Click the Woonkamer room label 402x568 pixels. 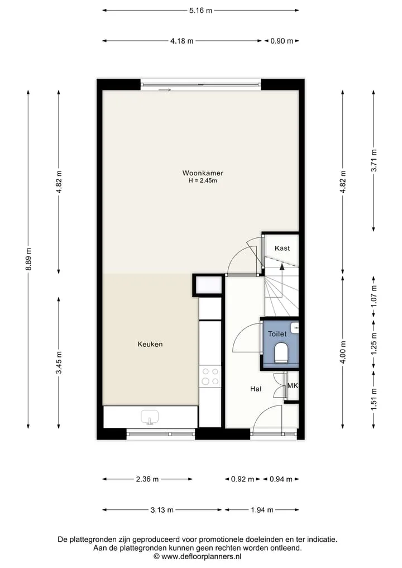click(x=203, y=173)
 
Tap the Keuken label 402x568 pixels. click(x=150, y=344)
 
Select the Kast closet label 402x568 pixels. click(x=282, y=248)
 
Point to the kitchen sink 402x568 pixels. click(x=150, y=417)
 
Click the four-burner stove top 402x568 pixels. click(x=210, y=376)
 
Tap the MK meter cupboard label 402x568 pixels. click(x=293, y=385)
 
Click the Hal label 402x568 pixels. click(x=256, y=389)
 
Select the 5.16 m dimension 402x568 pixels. click(x=200, y=11)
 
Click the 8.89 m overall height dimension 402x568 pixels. click(x=28, y=259)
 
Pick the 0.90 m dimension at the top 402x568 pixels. click(x=282, y=41)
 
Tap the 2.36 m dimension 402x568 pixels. click(x=147, y=479)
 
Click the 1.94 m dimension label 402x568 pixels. click(x=262, y=510)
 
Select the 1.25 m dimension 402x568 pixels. click(x=374, y=343)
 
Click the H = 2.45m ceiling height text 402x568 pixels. click(x=203, y=180)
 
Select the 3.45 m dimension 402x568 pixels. click(x=59, y=362)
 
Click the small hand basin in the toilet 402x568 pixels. click(x=295, y=328)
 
